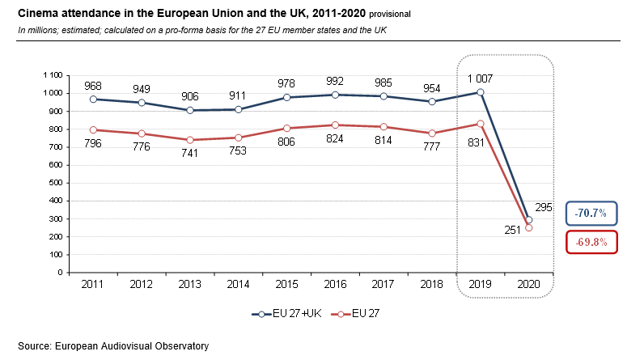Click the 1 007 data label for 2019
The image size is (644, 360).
(481, 78)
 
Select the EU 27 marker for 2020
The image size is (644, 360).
(529, 227)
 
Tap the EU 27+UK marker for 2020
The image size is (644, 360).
(529, 219)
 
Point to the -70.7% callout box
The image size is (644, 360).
(592, 214)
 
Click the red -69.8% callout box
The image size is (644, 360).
(592, 242)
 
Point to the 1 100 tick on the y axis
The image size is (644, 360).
(50, 75)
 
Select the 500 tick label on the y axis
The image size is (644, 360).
(54, 183)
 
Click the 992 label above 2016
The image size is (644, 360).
(336, 81)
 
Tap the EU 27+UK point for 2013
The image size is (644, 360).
(191, 110)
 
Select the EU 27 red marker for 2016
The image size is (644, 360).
(336, 125)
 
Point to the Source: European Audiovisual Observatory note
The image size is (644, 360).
(113, 345)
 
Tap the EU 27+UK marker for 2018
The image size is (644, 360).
(432, 101)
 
